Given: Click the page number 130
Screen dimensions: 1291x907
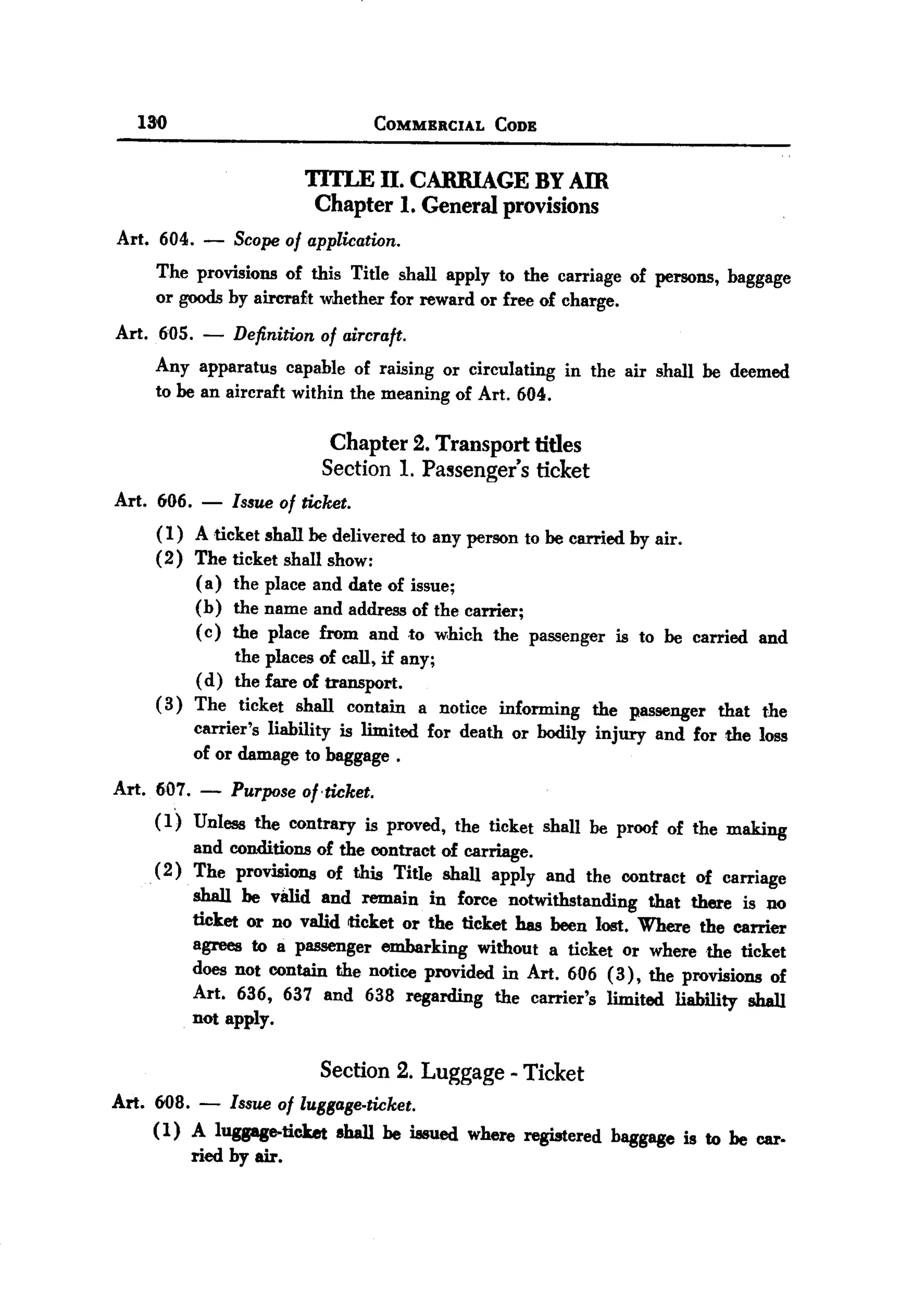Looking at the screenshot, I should [x=152, y=122].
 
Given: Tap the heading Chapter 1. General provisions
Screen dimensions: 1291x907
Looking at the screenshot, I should [x=456, y=205].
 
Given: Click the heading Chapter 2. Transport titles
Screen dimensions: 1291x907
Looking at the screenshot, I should [x=455, y=444].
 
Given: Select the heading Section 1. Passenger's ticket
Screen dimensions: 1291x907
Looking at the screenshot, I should [x=455, y=469].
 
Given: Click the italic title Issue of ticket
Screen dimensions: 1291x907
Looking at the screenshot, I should [x=291, y=502].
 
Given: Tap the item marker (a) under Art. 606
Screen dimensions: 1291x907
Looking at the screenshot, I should [x=209, y=584].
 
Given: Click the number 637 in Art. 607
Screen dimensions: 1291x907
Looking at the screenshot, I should [x=298, y=995].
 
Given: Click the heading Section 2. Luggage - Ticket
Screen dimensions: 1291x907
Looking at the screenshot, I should [x=452, y=1071].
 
